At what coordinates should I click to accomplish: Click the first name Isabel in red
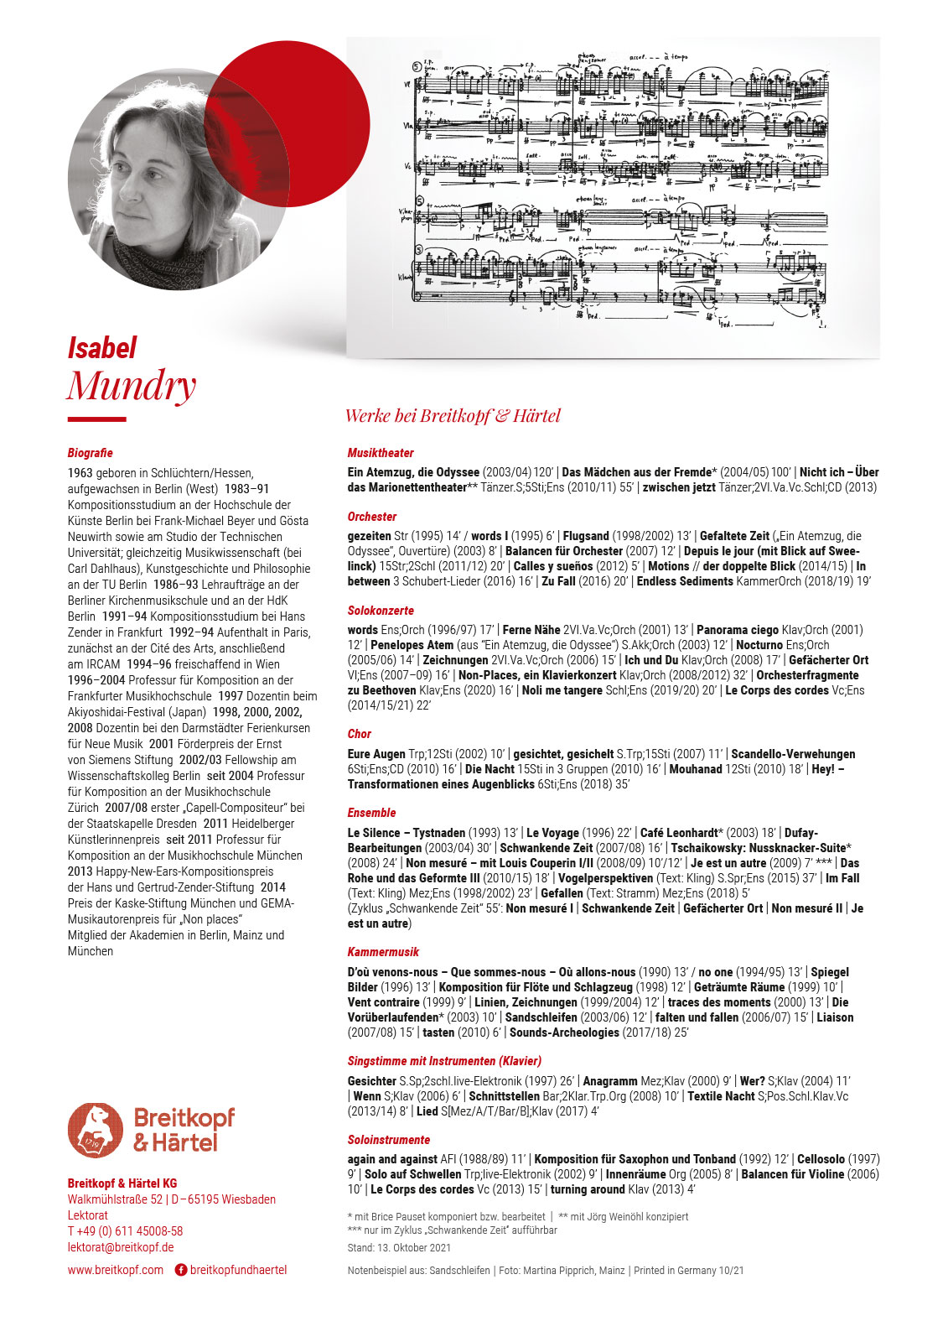tap(101, 348)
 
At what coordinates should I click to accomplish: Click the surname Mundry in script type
tap(131, 386)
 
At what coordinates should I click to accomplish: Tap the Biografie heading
tap(90, 453)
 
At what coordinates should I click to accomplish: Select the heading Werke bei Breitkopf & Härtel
tap(453, 416)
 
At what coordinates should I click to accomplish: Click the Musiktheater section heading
tap(381, 453)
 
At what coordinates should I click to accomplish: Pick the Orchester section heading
tap(372, 517)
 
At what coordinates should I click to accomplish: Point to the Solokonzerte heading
tap(381, 611)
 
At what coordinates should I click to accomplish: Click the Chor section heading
tap(360, 734)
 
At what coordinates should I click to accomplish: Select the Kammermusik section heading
tap(383, 952)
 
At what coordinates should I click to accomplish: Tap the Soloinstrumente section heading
tap(389, 1140)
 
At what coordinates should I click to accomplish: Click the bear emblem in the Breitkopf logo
tap(95, 1130)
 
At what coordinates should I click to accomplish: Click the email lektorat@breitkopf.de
tap(121, 1247)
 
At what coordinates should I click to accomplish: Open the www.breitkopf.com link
tap(116, 1270)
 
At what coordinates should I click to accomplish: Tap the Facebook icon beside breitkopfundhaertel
tap(180, 1270)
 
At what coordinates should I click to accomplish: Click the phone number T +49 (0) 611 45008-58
tap(125, 1231)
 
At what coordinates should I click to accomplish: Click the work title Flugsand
tap(586, 536)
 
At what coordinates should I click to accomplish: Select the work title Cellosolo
tap(821, 1159)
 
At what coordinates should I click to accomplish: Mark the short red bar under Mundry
tap(96, 419)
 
